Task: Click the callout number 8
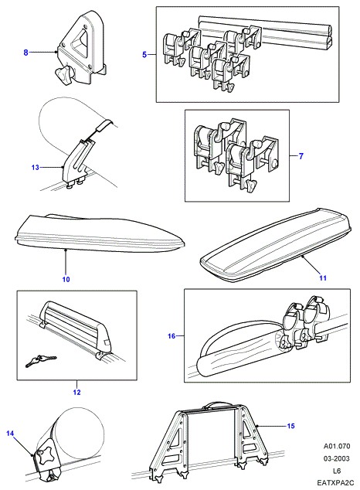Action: pyautogui.click(x=26, y=53)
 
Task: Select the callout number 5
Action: pyautogui.click(x=144, y=55)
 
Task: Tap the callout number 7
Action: pyautogui.click(x=301, y=156)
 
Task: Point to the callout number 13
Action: pyautogui.click(x=36, y=168)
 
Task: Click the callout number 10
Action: pyautogui.click(x=66, y=279)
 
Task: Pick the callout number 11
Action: pyautogui.click(x=323, y=277)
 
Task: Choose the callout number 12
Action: pyautogui.click(x=76, y=392)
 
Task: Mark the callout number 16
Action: pyautogui.click(x=172, y=336)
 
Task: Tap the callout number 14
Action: pyautogui.click(x=10, y=433)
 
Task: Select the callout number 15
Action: pyautogui.click(x=290, y=426)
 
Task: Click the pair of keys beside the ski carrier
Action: pyautogui.click(x=41, y=361)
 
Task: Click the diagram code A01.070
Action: pyautogui.click(x=337, y=446)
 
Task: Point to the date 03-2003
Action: pyautogui.click(x=337, y=458)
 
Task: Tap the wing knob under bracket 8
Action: pyautogui.click(x=64, y=75)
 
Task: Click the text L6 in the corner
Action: pyautogui.click(x=337, y=471)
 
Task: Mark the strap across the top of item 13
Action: pyautogui.click(x=104, y=127)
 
